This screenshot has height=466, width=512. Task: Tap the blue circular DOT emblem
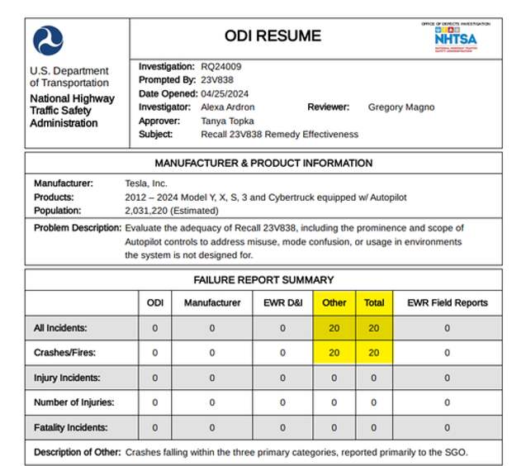[x=48, y=40]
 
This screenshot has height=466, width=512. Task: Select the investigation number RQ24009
[x=221, y=66]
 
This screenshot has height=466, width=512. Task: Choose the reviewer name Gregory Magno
[x=401, y=107]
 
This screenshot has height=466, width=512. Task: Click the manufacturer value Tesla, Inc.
[x=145, y=183]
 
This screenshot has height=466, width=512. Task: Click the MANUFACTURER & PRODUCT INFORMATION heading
[x=263, y=163]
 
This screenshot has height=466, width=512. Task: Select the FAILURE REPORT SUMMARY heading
[x=263, y=280]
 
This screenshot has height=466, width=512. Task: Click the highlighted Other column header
[x=334, y=303]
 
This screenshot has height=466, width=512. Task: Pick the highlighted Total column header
[x=374, y=303]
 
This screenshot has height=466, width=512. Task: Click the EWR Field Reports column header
[x=447, y=303]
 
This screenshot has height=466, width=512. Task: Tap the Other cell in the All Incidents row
[x=334, y=328]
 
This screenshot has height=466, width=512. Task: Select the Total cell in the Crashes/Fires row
[x=374, y=353]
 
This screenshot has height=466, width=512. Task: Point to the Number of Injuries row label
[x=73, y=403]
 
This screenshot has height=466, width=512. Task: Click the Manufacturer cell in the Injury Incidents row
[x=211, y=378]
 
